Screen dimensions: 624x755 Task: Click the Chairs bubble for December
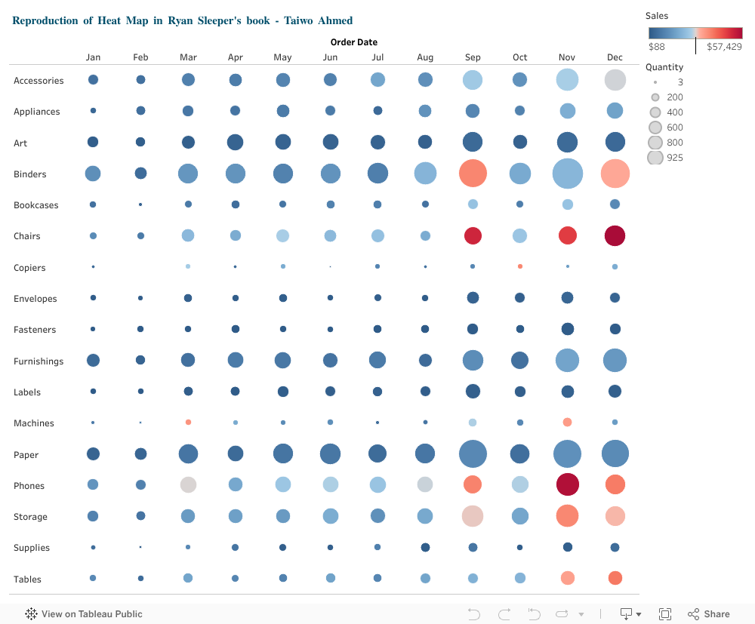(x=615, y=236)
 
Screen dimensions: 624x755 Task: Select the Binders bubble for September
(x=473, y=174)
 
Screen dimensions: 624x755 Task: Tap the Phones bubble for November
(x=567, y=485)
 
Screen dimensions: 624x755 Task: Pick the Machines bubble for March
(x=188, y=423)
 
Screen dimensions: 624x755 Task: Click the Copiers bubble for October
(x=520, y=266)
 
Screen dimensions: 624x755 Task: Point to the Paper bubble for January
(x=93, y=453)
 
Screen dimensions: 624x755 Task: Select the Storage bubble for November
(x=567, y=516)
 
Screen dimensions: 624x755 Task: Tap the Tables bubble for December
(x=615, y=578)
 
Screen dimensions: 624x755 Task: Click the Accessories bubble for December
(x=615, y=80)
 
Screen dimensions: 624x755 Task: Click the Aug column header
(x=425, y=57)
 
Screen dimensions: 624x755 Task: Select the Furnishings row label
(x=39, y=361)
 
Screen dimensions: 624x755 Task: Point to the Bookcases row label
(x=35, y=205)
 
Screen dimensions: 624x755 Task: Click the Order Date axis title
(x=353, y=42)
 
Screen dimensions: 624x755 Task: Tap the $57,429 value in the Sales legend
(x=724, y=47)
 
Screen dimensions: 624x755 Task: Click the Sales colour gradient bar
(x=695, y=32)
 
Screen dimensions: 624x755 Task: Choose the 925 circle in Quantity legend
(x=655, y=158)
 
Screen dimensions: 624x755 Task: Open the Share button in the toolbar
(x=708, y=614)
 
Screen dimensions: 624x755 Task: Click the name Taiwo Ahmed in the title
(x=317, y=20)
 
